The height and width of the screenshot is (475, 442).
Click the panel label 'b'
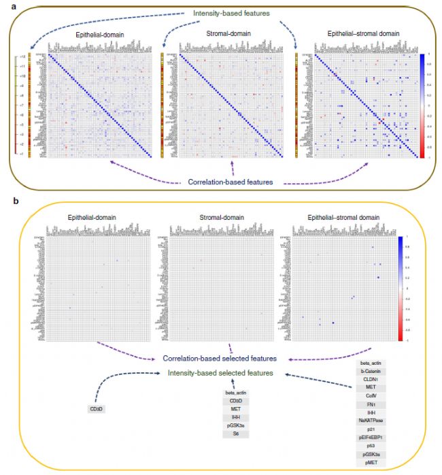5,201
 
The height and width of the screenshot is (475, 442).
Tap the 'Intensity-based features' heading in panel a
222,14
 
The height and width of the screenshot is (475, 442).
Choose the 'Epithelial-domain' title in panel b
92,218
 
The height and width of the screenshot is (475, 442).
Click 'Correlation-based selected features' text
219,358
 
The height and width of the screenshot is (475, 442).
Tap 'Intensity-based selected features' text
220,374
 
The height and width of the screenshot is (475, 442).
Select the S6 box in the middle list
235,433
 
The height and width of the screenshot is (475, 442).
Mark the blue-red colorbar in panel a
422,105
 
